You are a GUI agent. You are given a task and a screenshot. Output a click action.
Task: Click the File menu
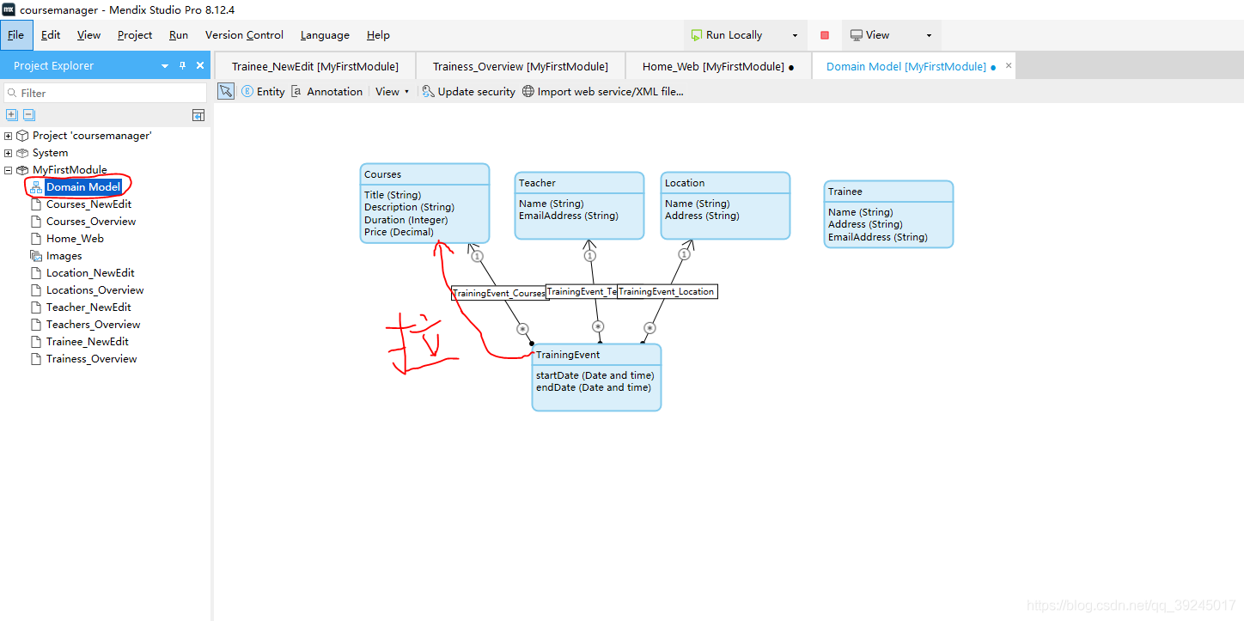pos(16,35)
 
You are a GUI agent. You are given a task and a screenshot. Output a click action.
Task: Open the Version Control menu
pos(244,35)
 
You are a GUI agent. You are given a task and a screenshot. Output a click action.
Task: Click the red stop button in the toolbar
pos(824,35)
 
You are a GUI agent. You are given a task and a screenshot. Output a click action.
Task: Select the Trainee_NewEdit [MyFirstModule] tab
pos(315,67)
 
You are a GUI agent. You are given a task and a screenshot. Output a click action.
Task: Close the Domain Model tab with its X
pos(1009,65)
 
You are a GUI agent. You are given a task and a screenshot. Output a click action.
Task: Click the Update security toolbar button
pos(469,92)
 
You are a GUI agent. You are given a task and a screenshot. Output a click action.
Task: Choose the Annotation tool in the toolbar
pos(327,92)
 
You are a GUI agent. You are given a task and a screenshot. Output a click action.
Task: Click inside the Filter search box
pos(106,93)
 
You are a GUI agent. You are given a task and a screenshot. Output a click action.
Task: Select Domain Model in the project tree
pos(83,187)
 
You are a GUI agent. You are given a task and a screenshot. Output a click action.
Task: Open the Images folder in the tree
pos(64,256)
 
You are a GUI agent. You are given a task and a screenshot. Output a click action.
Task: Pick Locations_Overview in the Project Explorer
pos(95,290)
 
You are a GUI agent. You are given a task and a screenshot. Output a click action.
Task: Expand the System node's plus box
pos(9,153)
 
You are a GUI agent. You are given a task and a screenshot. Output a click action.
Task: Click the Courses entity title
pos(382,174)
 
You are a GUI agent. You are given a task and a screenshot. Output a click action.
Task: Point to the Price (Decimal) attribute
pos(399,232)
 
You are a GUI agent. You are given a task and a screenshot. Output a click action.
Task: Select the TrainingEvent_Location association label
pos(667,292)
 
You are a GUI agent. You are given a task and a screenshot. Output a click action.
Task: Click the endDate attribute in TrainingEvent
pos(593,387)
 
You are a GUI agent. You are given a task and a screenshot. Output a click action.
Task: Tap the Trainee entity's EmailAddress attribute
pos(877,237)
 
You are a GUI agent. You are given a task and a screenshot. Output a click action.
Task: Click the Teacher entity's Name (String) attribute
pos(551,204)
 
